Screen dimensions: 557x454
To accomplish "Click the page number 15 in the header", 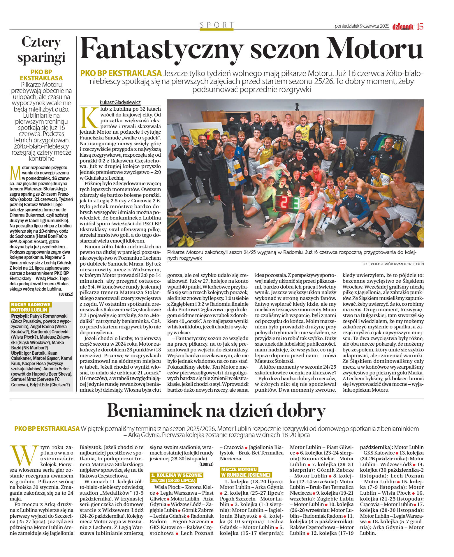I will tap(420, 26).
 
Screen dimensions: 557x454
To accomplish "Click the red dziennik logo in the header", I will tap(403, 26).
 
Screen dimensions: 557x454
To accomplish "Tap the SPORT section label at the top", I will tap(217, 25).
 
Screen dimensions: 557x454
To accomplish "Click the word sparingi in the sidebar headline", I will tap(41, 57).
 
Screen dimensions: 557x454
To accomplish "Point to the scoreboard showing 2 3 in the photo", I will tap(287, 203).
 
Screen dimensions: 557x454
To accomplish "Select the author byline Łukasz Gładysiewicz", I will tap(120, 102).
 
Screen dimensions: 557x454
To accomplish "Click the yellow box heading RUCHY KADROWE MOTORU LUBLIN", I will tap(30, 307).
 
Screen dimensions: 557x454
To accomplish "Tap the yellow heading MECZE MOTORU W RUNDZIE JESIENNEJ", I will tap(246, 472).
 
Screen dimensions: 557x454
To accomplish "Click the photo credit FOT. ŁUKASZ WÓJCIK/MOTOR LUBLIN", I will tap(393, 264).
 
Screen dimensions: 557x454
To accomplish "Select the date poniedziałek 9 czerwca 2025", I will tap(362, 26).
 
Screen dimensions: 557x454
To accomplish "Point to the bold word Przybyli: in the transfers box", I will tap(20, 316).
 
